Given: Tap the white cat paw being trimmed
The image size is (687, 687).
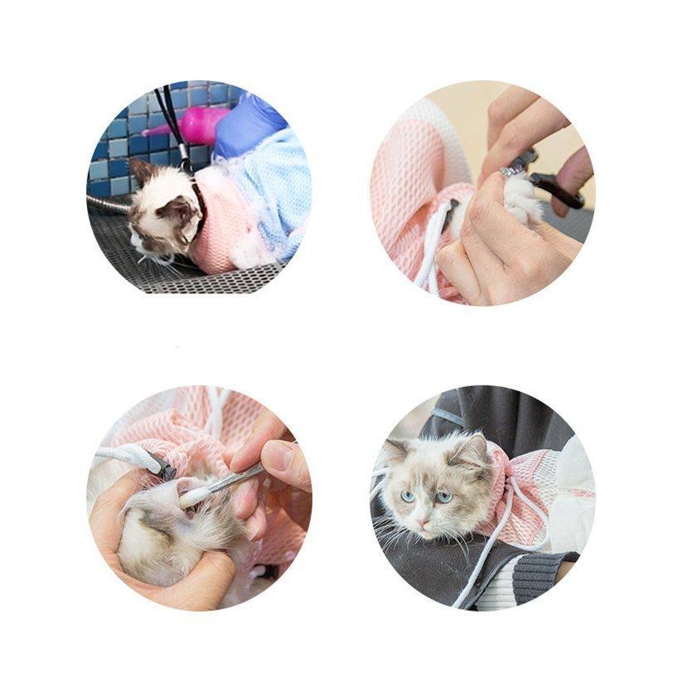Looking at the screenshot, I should (x=520, y=199).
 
